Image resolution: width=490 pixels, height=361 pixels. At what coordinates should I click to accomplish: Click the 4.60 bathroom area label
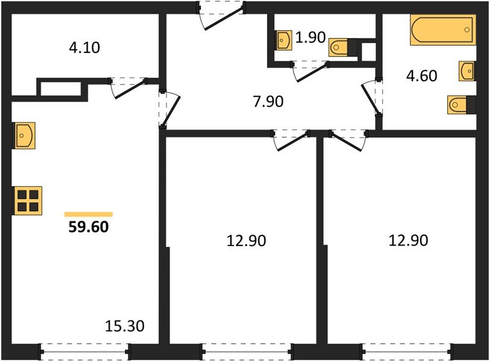tap(422, 76)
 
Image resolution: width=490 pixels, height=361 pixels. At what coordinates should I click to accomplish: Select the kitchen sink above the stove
tap(24, 135)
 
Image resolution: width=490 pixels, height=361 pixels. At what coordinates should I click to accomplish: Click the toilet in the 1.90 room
tap(341, 47)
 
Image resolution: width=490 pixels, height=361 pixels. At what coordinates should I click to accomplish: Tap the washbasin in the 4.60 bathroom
tap(466, 70)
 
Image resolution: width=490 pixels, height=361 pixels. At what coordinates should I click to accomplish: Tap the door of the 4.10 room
tap(128, 86)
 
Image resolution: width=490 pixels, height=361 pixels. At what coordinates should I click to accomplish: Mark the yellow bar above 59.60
tap(89, 214)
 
